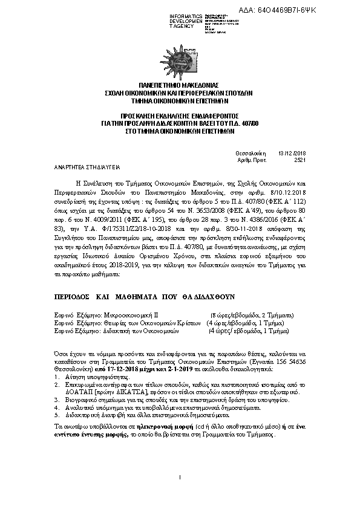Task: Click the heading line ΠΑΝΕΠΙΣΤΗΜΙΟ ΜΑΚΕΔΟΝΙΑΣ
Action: (180, 86)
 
